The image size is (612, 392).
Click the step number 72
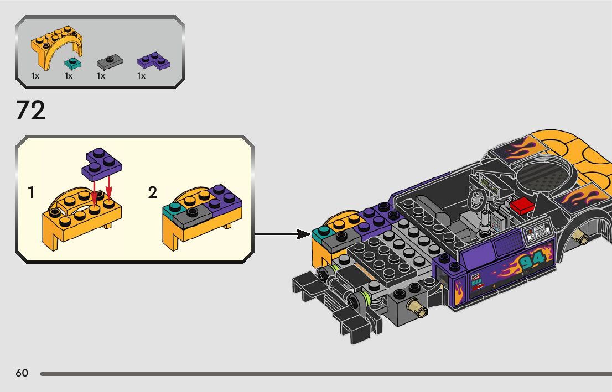coord(30,111)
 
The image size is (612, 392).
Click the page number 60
coord(22,373)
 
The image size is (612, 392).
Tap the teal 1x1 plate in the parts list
coord(71,61)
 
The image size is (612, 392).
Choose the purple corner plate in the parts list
coord(153,60)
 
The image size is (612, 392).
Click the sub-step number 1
coord(31,193)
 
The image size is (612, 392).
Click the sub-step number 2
coord(153,193)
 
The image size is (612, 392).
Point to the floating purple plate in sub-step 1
coord(103,164)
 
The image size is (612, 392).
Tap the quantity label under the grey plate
coord(101,76)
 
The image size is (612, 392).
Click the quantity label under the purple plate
coord(141,76)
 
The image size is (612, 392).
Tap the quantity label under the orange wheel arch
coord(35,76)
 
